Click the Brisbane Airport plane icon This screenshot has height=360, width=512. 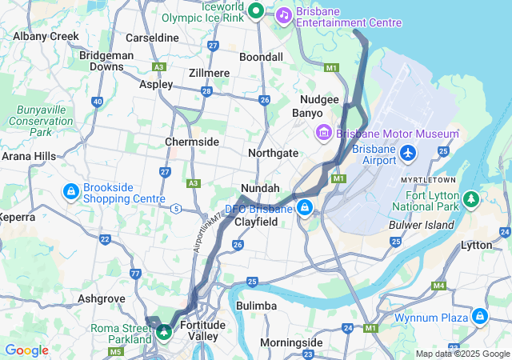click(408, 152)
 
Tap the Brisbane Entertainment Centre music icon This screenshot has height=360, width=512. click(283, 14)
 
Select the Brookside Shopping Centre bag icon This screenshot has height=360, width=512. click(71, 191)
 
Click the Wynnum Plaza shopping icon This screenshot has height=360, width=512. click(479, 317)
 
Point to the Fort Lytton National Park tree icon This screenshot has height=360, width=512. click(472, 197)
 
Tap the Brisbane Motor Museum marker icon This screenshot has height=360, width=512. click(324, 133)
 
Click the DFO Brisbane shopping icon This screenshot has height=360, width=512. click(305, 209)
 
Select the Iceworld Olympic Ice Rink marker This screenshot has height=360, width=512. click(256, 10)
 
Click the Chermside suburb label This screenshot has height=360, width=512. click(192, 142)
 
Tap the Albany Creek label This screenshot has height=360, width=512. click(46, 36)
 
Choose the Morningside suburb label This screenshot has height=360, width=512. click(291, 342)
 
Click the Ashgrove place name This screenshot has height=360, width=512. click(101, 298)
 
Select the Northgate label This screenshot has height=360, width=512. click(274, 153)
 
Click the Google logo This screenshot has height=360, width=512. click(26, 350)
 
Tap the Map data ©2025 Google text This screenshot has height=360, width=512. click(462, 354)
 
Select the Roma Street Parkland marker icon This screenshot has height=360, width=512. click(164, 331)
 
